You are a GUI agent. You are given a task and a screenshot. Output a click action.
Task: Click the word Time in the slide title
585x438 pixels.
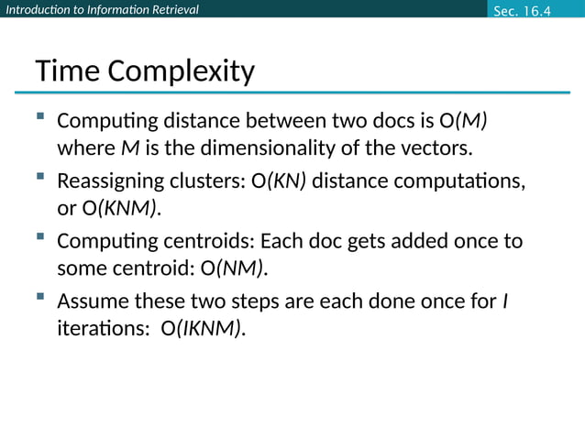tap(65, 71)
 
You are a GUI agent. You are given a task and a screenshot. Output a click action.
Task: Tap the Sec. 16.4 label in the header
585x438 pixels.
tap(524, 10)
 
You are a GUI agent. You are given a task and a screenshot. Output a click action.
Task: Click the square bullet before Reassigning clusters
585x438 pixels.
tap(40, 177)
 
